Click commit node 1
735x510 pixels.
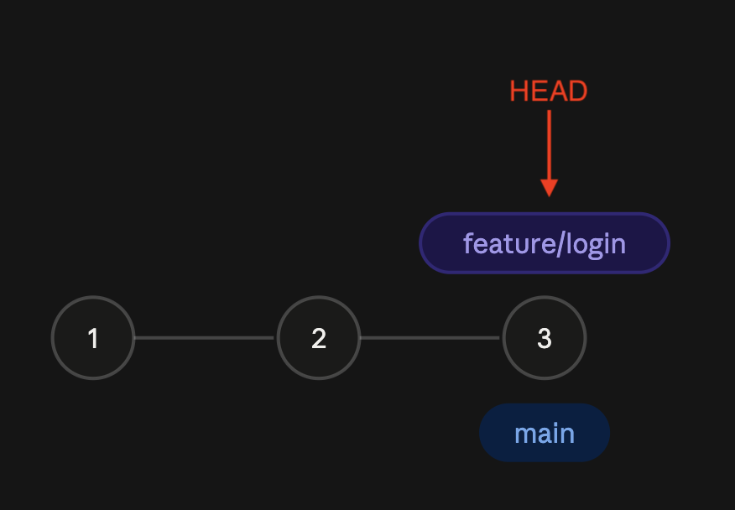93,337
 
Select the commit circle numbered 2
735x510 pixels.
319,337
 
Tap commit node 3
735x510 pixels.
545,337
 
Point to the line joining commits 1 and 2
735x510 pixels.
204,337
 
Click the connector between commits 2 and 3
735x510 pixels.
430,337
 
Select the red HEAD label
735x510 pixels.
549,91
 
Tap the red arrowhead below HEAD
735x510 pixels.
549,188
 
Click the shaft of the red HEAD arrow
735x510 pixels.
549,145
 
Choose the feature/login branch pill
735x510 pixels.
545,242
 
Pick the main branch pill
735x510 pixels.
545,433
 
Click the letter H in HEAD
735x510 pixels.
519,91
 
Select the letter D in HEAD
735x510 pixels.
578,91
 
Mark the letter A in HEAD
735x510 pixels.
558,91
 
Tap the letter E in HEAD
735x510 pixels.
539,91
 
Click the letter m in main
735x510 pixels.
525,435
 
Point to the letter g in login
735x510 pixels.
596,249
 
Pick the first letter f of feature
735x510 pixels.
468,244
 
